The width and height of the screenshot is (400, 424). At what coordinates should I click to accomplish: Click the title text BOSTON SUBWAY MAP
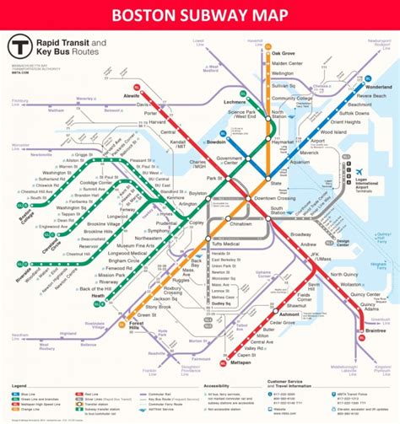pyautogui.click(x=199, y=14)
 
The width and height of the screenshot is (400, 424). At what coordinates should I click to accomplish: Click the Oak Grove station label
pyautogui.click(x=283, y=53)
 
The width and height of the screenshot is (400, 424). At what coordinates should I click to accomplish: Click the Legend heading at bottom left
pyautogui.click(x=18, y=387)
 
